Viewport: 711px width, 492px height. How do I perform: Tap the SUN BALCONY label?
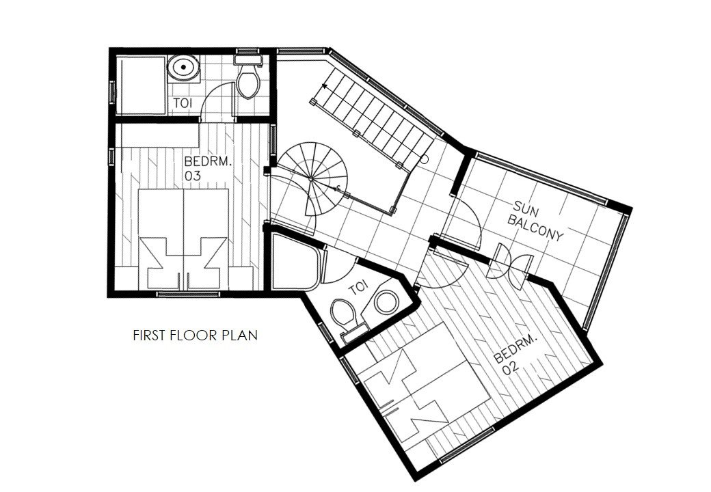click(538, 221)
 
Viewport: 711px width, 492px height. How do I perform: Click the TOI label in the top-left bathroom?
click(181, 103)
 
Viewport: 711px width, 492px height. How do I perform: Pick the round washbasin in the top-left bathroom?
click(183, 68)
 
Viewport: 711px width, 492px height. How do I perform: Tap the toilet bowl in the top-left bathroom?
click(247, 82)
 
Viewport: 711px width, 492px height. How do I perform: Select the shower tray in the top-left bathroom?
click(139, 85)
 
